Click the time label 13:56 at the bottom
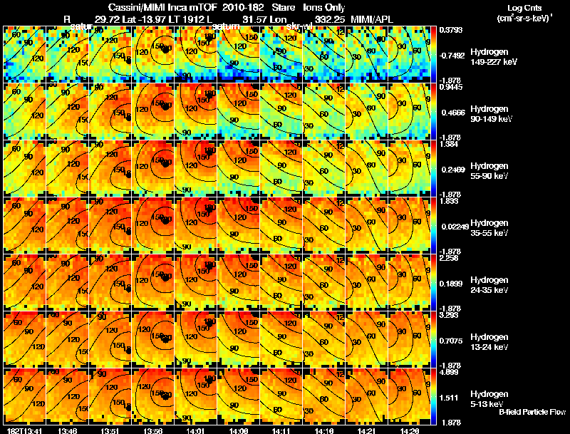(154, 430)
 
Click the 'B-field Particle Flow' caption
(532, 412)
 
